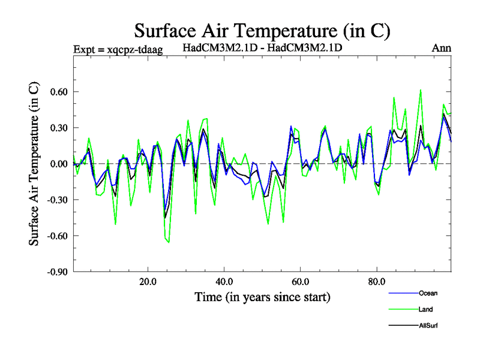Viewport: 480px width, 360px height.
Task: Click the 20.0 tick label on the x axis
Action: [x=148, y=281]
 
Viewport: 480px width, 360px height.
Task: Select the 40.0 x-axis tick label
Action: [x=224, y=281]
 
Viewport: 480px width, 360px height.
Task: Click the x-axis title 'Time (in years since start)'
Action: [x=262, y=297]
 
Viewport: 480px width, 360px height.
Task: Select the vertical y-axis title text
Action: [x=35, y=164]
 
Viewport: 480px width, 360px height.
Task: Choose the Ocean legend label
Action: [x=428, y=293]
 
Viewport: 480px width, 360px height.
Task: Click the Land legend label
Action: [x=425, y=310]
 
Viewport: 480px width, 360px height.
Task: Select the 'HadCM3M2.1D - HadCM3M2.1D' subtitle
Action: [x=262, y=47]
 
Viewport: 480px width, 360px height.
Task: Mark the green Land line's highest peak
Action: [x=421, y=90]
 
